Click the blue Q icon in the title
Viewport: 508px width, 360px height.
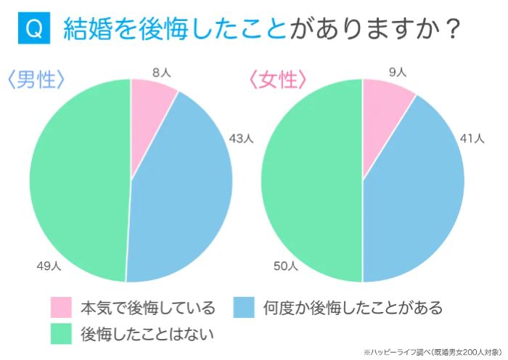32,28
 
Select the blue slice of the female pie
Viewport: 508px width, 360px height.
417,196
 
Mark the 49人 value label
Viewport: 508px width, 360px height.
49,266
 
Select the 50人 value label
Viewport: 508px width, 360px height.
285,266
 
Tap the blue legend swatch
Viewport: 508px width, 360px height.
245,307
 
